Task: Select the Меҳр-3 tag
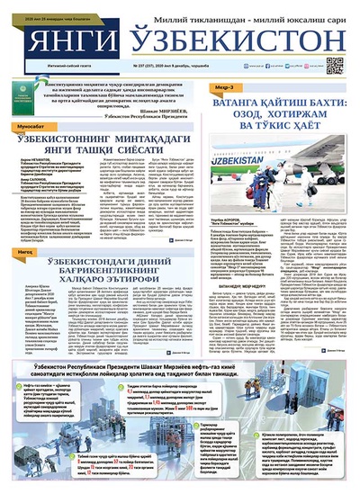[226, 87]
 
